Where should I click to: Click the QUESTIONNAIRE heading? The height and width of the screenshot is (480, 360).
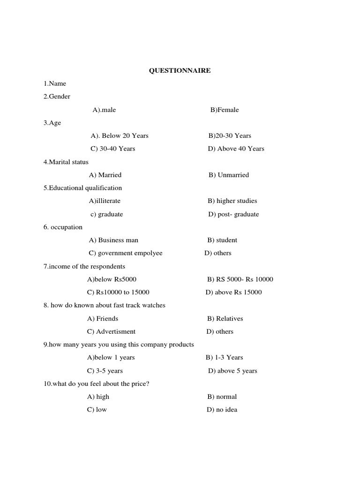click(x=180, y=70)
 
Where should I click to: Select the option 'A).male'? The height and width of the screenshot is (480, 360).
click(x=104, y=110)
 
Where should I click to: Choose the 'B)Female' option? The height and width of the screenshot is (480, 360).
click(x=225, y=110)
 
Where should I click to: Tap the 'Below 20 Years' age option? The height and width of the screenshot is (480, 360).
click(x=120, y=135)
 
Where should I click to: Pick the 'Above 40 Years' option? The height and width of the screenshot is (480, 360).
click(x=236, y=149)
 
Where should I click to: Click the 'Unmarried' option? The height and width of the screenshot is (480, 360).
click(x=229, y=175)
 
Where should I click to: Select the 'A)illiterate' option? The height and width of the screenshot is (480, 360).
click(x=105, y=201)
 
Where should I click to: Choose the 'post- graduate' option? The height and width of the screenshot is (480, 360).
click(x=233, y=214)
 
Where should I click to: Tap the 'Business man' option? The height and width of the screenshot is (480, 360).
click(x=113, y=240)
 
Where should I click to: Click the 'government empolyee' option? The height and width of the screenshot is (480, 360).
click(x=126, y=253)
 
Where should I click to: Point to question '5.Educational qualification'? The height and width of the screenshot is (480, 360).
click(x=82, y=188)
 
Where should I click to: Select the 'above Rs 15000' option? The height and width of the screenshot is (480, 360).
click(x=233, y=292)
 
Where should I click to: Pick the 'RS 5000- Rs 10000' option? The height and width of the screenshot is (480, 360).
click(x=240, y=279)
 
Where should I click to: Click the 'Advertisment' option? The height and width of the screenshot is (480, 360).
click(x=112, y=331)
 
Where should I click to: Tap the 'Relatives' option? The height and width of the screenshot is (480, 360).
click(x=225, y=318)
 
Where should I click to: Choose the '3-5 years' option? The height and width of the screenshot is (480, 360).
click(x=105, y=371)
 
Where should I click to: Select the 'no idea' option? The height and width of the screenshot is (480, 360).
click(x=221, y=410)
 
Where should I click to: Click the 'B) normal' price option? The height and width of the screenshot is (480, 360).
click(x=222, y=397)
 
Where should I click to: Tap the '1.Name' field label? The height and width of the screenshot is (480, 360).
click(x=55, y=83)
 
